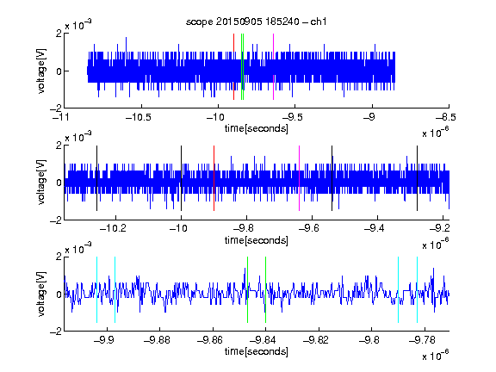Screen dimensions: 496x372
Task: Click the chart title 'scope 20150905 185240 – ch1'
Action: pyautogui.click(x=256, y=22)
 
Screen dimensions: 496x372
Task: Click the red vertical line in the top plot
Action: pyautogui.click(x=233, y=67)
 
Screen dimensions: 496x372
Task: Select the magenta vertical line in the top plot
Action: pyautogui.click(x=273, y=67)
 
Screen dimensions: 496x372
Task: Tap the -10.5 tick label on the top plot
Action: pyautogui.click(x=139, y=117)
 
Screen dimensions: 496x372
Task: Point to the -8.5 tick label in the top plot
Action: pyautogui.click(x=446, y=117)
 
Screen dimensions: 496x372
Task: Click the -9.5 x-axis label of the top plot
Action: pyautogui.click(x=292, y=117)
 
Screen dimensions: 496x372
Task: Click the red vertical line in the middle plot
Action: pyautogui.click(x=214, y=178)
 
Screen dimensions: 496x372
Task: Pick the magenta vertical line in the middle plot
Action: pyautogui.click(x=300, y=178)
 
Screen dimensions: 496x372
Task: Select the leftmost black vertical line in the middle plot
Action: pyautogui.click(x=96, y=178)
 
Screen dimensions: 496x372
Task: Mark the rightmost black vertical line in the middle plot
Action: pyautogui.click(x=417, y=178)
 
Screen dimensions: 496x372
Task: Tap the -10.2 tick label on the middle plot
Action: pyautogui.click(x=113, y=228)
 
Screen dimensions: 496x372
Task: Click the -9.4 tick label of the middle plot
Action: pyautogui.click(x=375, y=228)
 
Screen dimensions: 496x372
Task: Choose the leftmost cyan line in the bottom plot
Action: pyautogui.click(x=96, y=289)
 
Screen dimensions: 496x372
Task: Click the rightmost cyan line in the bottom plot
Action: pyautogui.click(x=417, y=289)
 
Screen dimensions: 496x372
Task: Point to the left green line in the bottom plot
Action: pyautogui.click(x=247, y=289)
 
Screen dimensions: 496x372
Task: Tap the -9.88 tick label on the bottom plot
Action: pyautogui.click(x=157, y=340)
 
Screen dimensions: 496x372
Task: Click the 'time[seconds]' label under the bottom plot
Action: pyautogui.click(x=257, y=351)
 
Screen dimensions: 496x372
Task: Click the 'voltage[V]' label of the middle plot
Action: pyautogui.click(x=41, y=183)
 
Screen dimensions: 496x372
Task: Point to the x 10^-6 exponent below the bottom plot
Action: pyautogui.click(x=436, y=356)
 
